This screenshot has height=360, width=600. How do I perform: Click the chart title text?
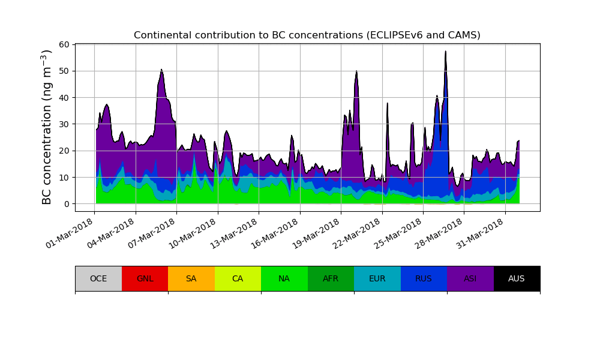pos(307,35)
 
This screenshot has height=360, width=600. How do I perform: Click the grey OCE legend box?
pos(98,278)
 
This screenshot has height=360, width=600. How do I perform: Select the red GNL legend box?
pos(145,278)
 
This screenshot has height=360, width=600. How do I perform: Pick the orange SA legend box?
pos(191,278)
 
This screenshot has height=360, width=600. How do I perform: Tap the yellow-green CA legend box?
pos(238,278)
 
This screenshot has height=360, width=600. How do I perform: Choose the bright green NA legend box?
pos(284,278)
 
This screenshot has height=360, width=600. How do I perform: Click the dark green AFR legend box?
pos(331,278)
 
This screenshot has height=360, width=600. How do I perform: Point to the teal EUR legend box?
pos(377,278)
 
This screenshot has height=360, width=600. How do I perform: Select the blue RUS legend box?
pos(424,278)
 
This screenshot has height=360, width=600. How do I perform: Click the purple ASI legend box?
pos(470,278)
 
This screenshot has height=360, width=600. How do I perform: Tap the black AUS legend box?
pos(517,278)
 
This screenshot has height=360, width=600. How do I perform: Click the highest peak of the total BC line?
pos(445,52)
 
